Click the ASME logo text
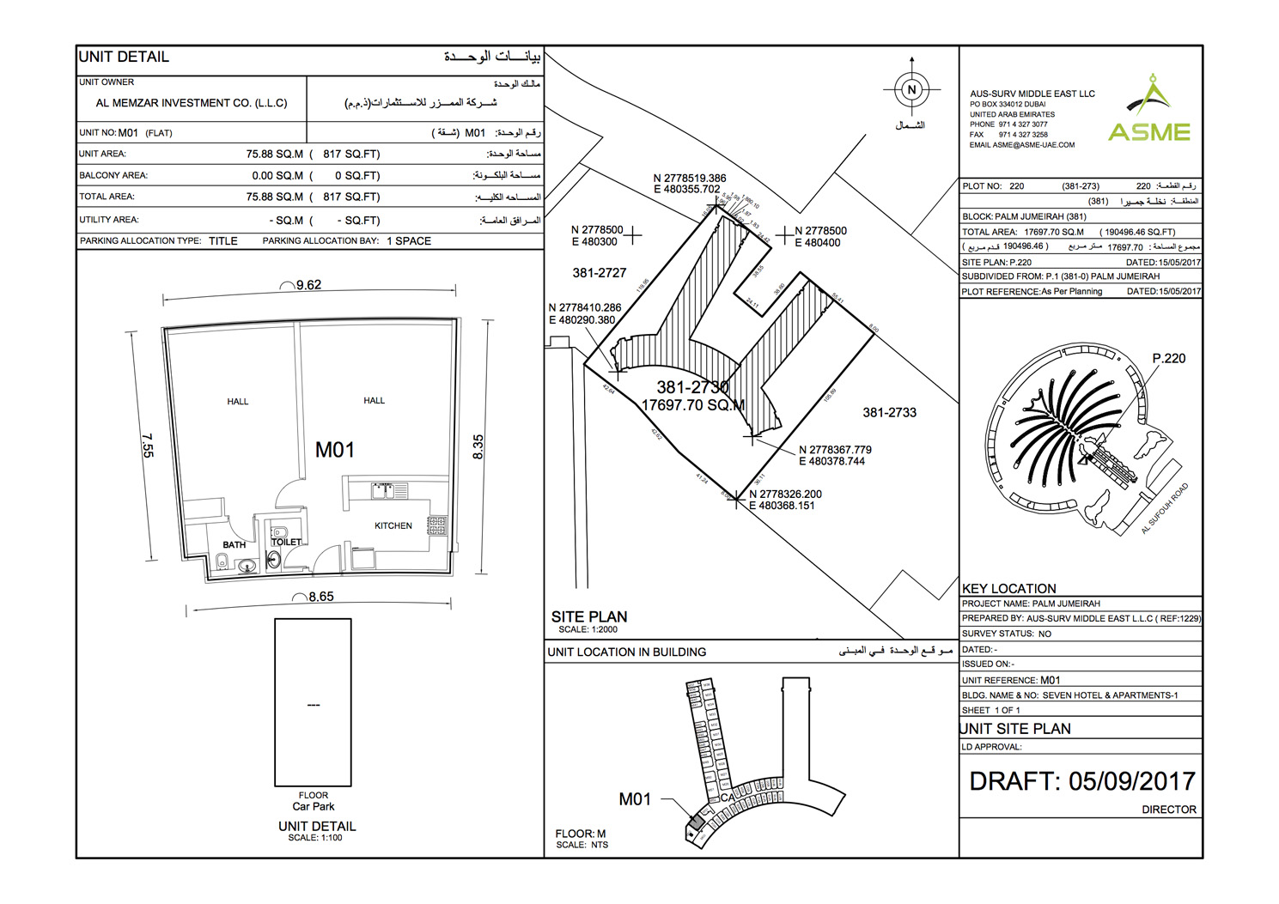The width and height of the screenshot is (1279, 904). (1148, 132)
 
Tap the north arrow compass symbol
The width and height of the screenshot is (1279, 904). (911, 89)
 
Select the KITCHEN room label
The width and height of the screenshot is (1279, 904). (393, 525)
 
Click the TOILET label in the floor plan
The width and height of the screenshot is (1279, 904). (287, 542)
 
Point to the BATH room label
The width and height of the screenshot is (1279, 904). (234, 544)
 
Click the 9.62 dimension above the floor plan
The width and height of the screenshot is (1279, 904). (308, 285)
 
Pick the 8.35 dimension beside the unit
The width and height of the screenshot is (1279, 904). (478, 446)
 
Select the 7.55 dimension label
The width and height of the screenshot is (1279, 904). (148, 446)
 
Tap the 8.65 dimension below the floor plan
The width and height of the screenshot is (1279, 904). (320, 597)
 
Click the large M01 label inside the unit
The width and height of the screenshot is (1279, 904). (334, 450)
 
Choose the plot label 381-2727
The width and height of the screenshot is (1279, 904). (599, 273)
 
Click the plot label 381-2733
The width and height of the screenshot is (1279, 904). (889, 413)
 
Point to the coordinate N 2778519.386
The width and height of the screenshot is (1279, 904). (690, 179)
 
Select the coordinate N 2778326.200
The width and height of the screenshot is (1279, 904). (785, 494)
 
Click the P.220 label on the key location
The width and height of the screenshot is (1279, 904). (1168, 358)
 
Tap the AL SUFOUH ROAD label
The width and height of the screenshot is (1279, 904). (1164, 508)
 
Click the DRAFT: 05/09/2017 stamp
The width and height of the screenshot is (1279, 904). (1082, 781)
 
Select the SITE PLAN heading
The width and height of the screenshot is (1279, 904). (589, 616)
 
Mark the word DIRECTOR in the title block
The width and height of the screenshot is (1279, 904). (1168, 810)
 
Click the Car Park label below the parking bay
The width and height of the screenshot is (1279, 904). (314, 807)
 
